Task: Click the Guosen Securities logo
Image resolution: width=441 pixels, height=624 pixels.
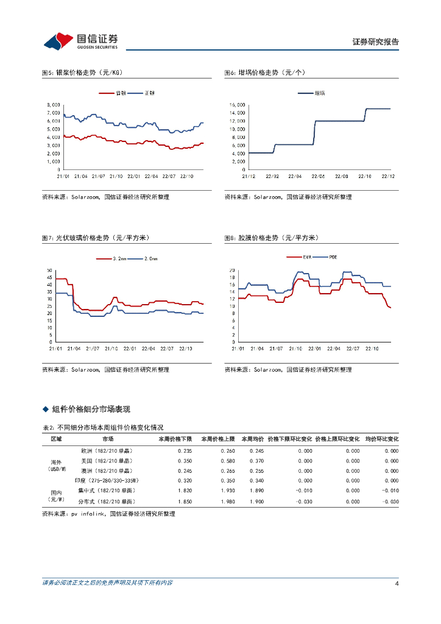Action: click(80, 41)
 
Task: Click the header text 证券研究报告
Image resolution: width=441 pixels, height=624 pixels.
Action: click(375, 42)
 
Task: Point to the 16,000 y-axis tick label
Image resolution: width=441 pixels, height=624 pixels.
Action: click(237, 105)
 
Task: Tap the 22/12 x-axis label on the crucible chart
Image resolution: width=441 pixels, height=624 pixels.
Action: click(388, 176)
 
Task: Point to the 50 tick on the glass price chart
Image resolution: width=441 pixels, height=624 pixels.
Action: click(49, 270)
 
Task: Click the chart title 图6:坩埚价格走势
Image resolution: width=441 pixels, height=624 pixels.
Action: click(265, 73)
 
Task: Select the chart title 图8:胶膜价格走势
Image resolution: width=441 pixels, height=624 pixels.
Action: click(271, 238)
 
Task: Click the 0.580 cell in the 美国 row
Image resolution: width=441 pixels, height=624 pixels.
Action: click(219, 461)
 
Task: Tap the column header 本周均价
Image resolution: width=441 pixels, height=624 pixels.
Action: click(252, 439)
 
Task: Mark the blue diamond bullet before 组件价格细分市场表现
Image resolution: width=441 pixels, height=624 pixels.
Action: click(44, 409)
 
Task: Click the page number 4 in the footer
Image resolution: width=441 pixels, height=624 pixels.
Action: click(397, 584)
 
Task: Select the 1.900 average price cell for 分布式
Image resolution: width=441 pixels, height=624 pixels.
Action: click(256, 501)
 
